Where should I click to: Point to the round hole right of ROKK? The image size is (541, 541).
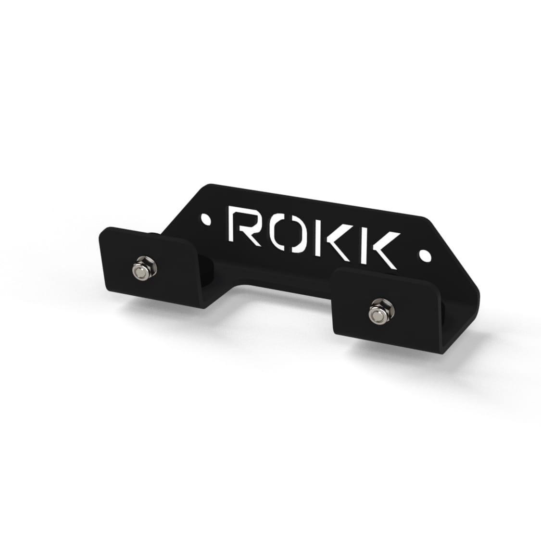tap(425, 255)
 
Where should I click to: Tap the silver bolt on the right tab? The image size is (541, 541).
tap(381, 311)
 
